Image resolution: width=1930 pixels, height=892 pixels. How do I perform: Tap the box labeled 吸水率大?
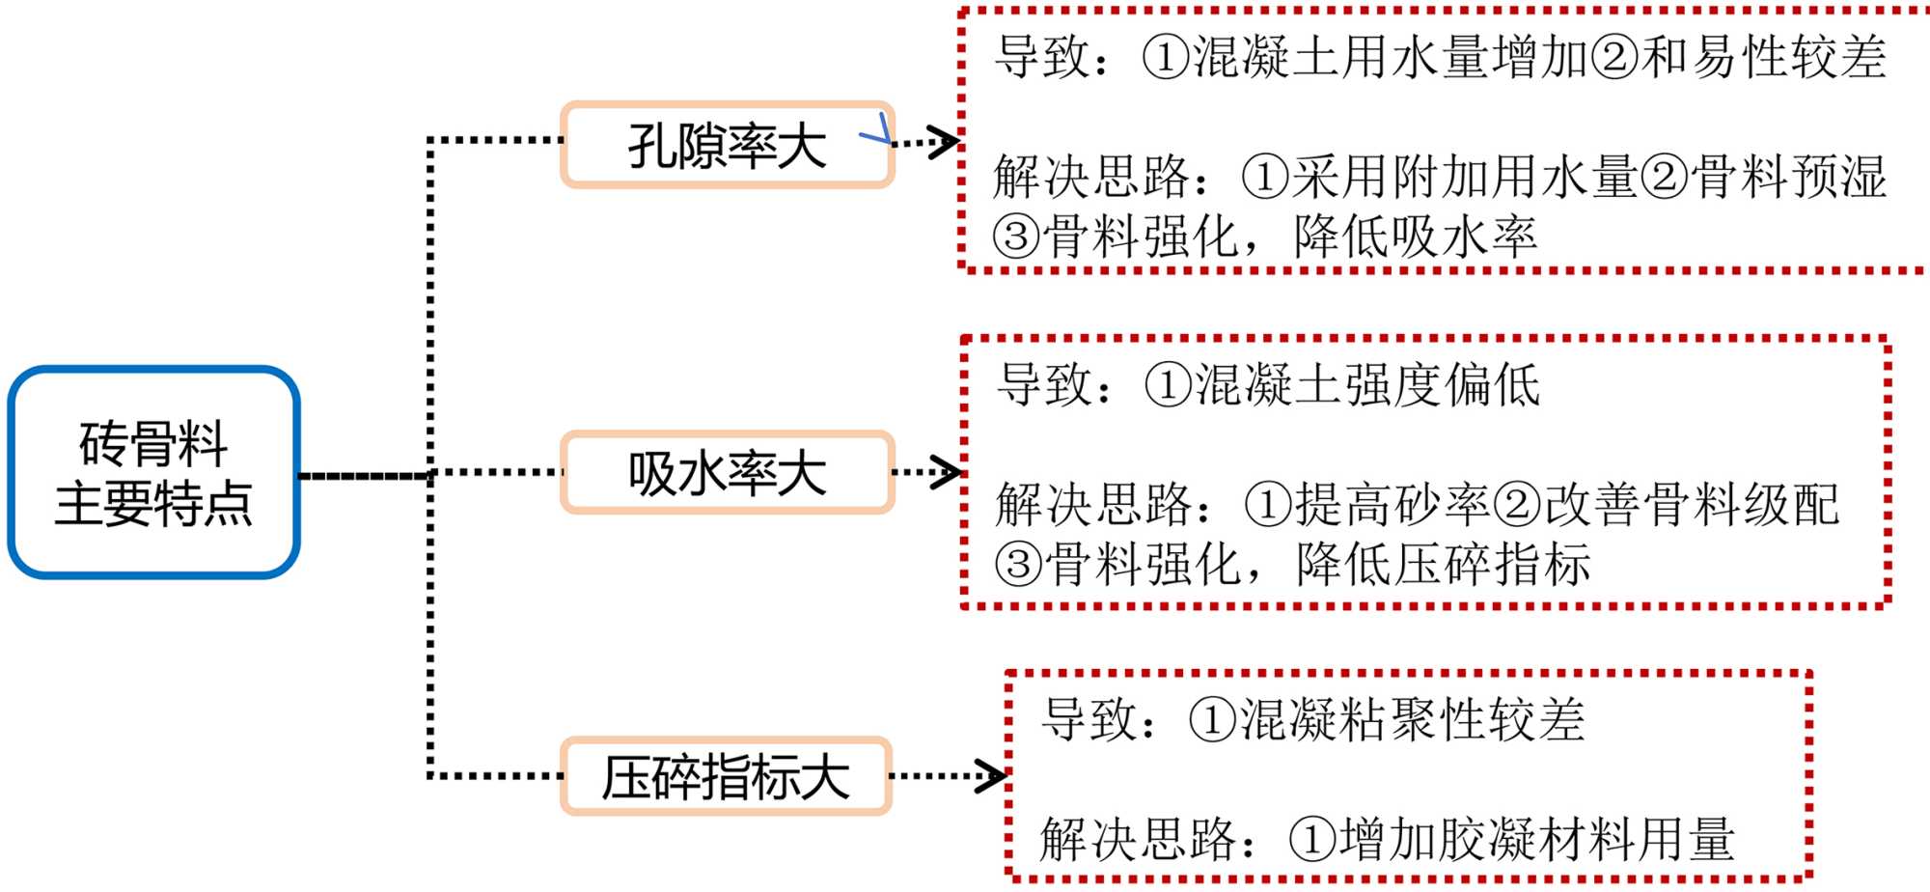click(727, 473)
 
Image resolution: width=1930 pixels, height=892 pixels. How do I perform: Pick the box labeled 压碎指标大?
click(726, 776)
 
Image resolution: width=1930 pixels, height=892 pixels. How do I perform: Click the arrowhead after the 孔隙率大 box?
click(944, 142)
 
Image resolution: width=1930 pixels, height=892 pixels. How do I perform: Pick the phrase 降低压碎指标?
click(1443, 565)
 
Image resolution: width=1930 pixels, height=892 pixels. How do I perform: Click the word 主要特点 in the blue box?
click(153, 504)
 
